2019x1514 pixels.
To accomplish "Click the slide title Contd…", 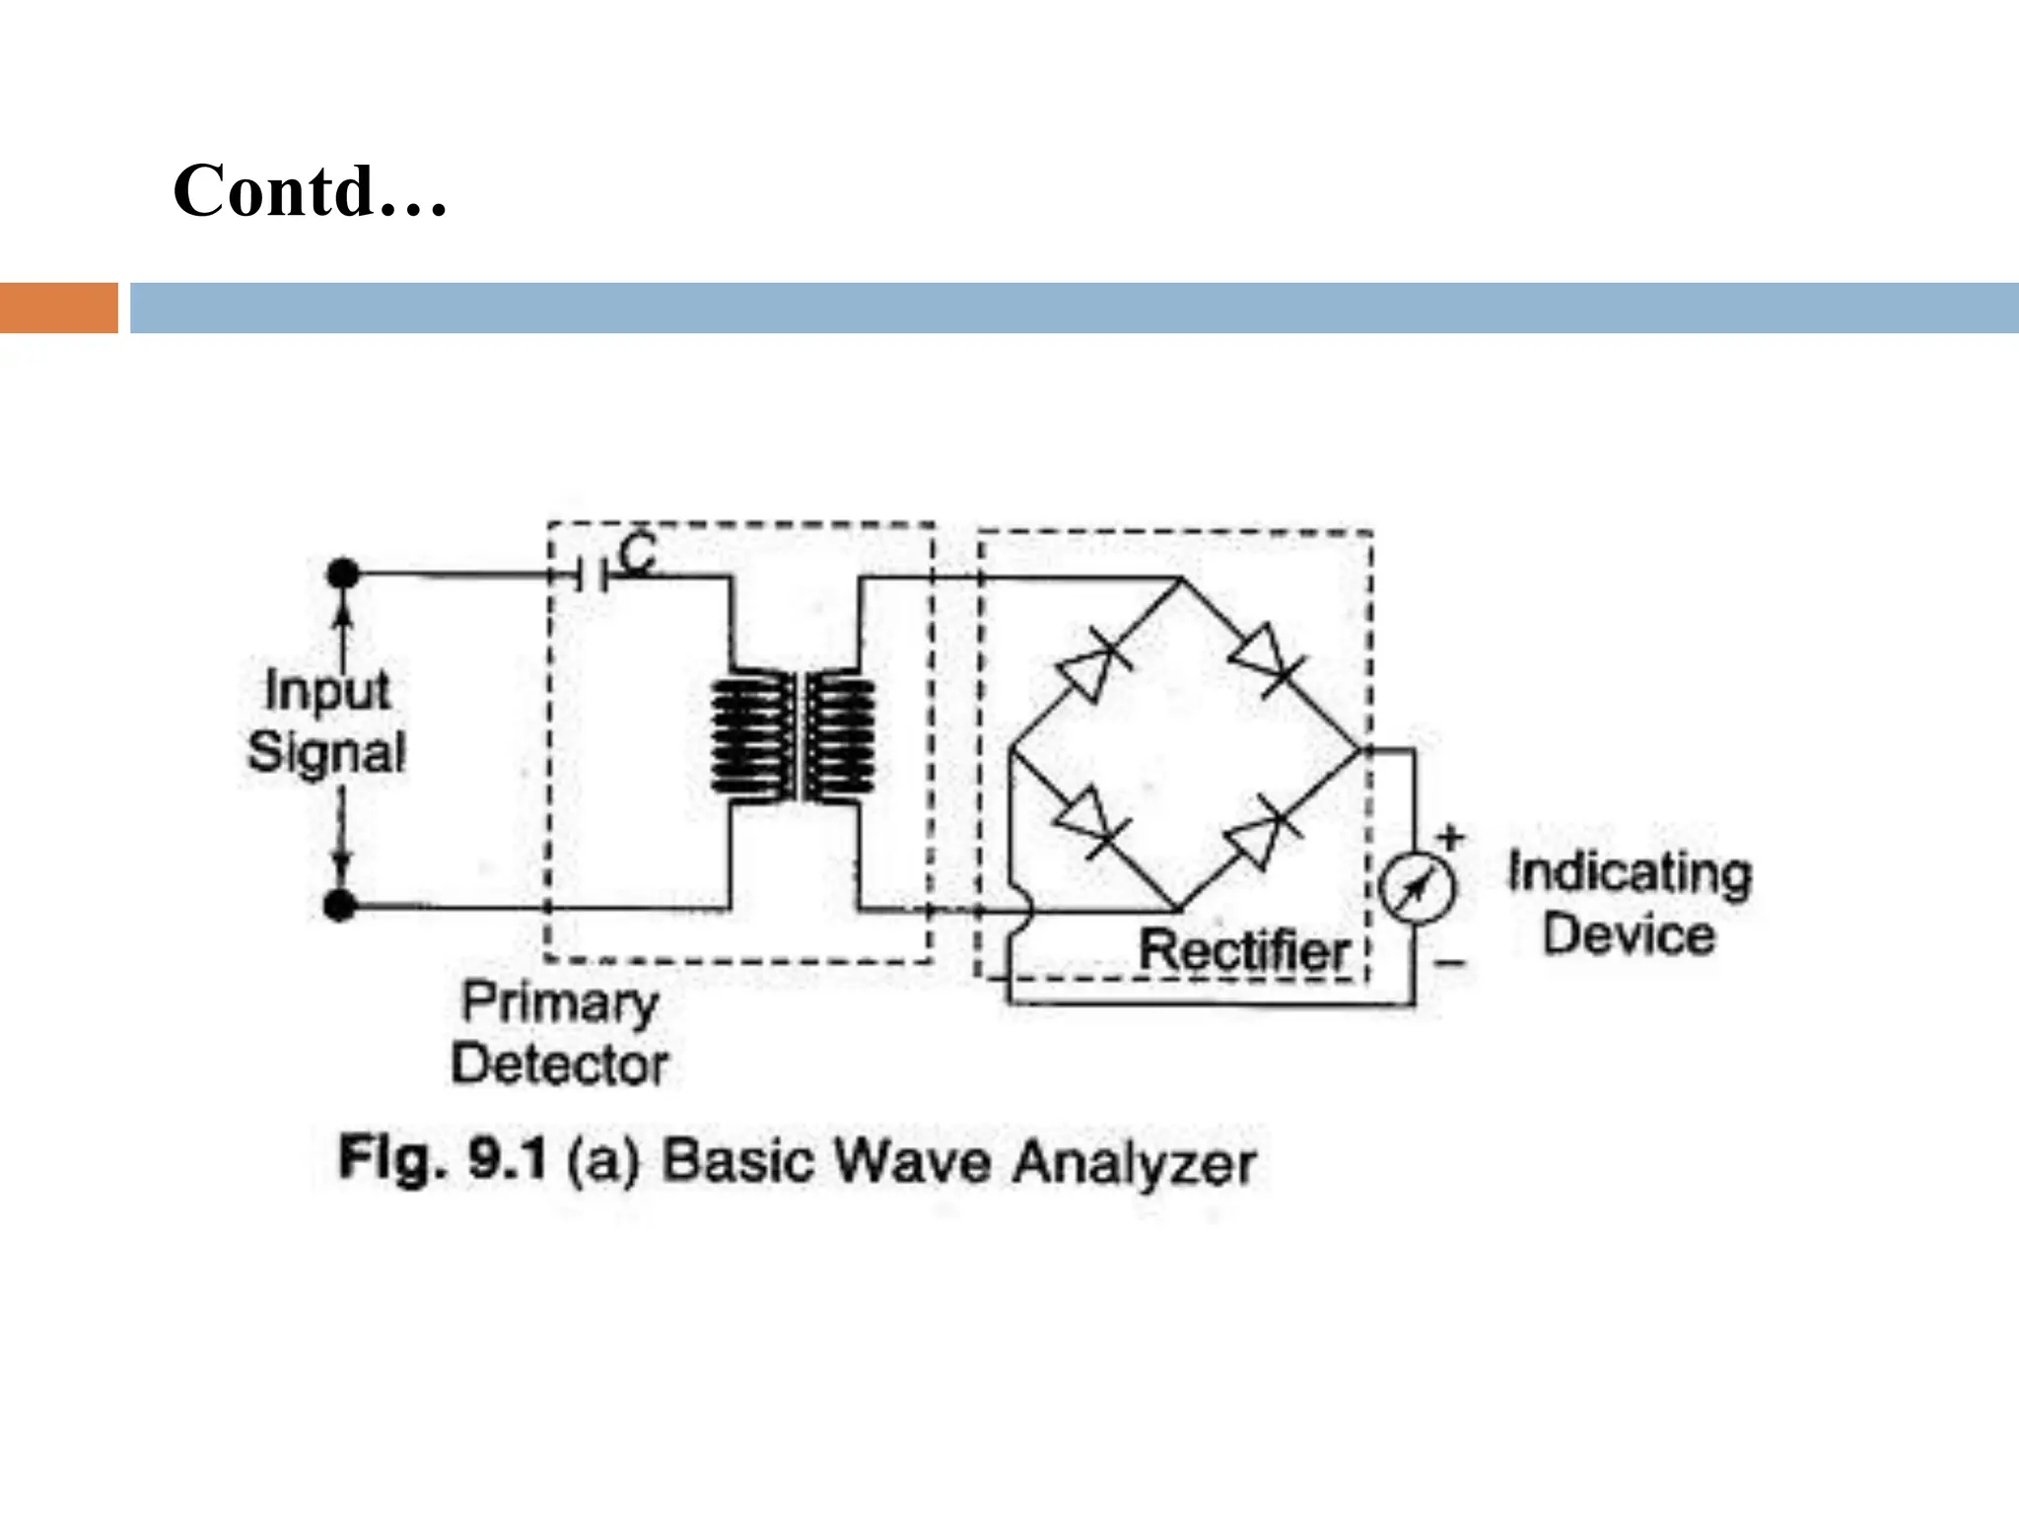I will coord(310,190).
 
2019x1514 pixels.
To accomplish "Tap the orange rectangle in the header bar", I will coord(58,308).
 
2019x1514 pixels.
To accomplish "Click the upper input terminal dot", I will coord(343,574).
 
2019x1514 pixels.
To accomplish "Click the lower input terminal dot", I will coord(340,904).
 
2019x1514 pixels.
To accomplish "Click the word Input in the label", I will coord(327,689).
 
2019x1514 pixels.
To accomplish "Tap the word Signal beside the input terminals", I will coord(326,752).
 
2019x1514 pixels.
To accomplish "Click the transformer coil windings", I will coord(793,736).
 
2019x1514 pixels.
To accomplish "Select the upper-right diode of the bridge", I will coord(1267,658).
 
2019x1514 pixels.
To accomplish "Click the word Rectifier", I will coord(1244,951).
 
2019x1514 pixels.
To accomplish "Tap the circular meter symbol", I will coord(1417,886).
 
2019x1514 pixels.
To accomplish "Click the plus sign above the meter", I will coord(1449,838).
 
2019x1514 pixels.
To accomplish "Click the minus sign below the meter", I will coord(1449,962).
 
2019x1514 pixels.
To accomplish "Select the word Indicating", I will coord(1630,873).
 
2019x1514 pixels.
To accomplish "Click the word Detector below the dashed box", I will coord(560,1065).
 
